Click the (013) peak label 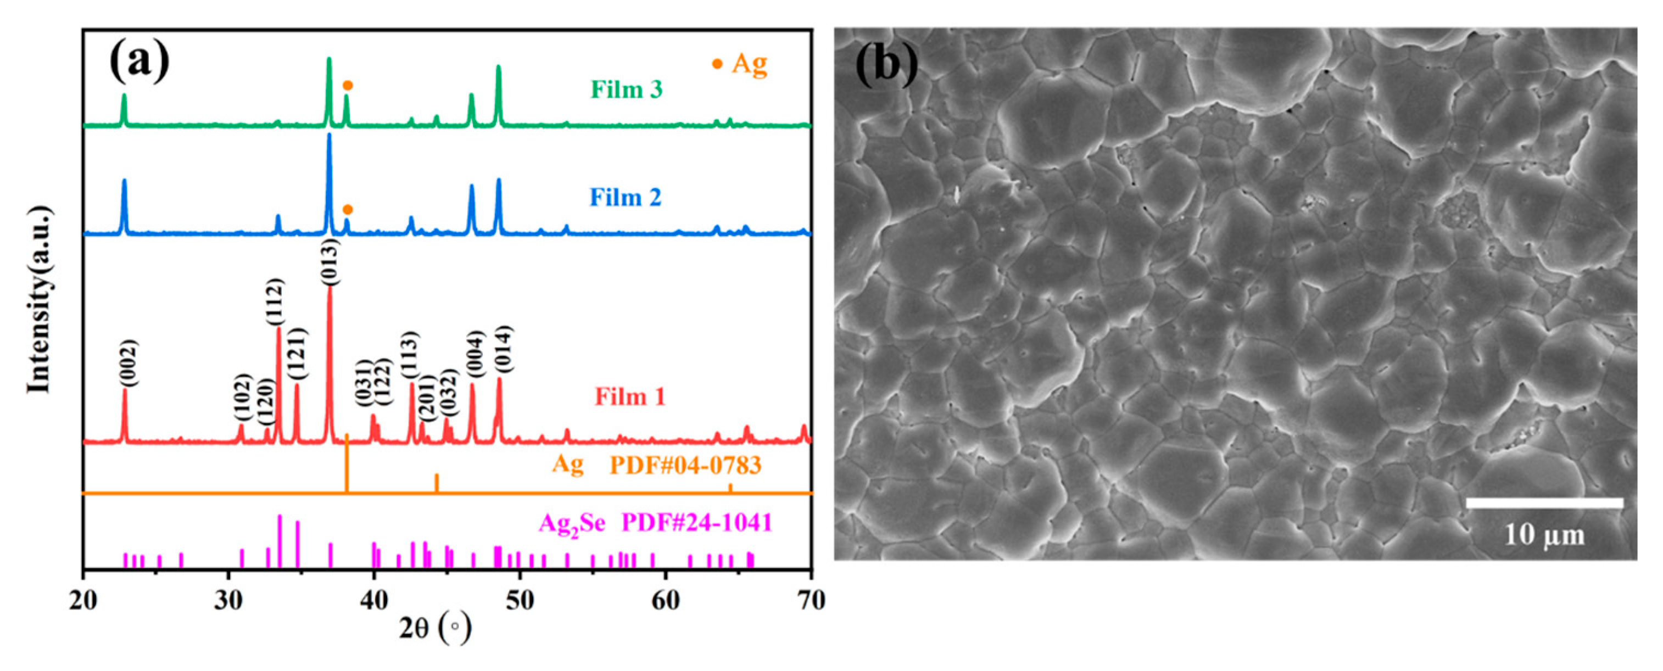click(x=329, y=261)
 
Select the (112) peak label click(x=275, y=302)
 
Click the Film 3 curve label click(x=626, y=89)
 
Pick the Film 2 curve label click(x=625, y=197)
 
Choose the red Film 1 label click(x=629, y=396)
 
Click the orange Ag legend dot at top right click(x=717, y=64)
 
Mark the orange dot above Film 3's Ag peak click(x=347, y=85)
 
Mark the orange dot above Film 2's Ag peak click(x=347, y=210)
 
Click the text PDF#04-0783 click(x=685, y=465)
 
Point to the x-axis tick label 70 click(x=811, y=600)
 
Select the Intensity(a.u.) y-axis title click(x=40, y=299)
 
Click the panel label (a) click(x=139, y=61)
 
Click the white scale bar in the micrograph click(x=1544, y=502)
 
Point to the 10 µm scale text click(x=1544, y=535)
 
